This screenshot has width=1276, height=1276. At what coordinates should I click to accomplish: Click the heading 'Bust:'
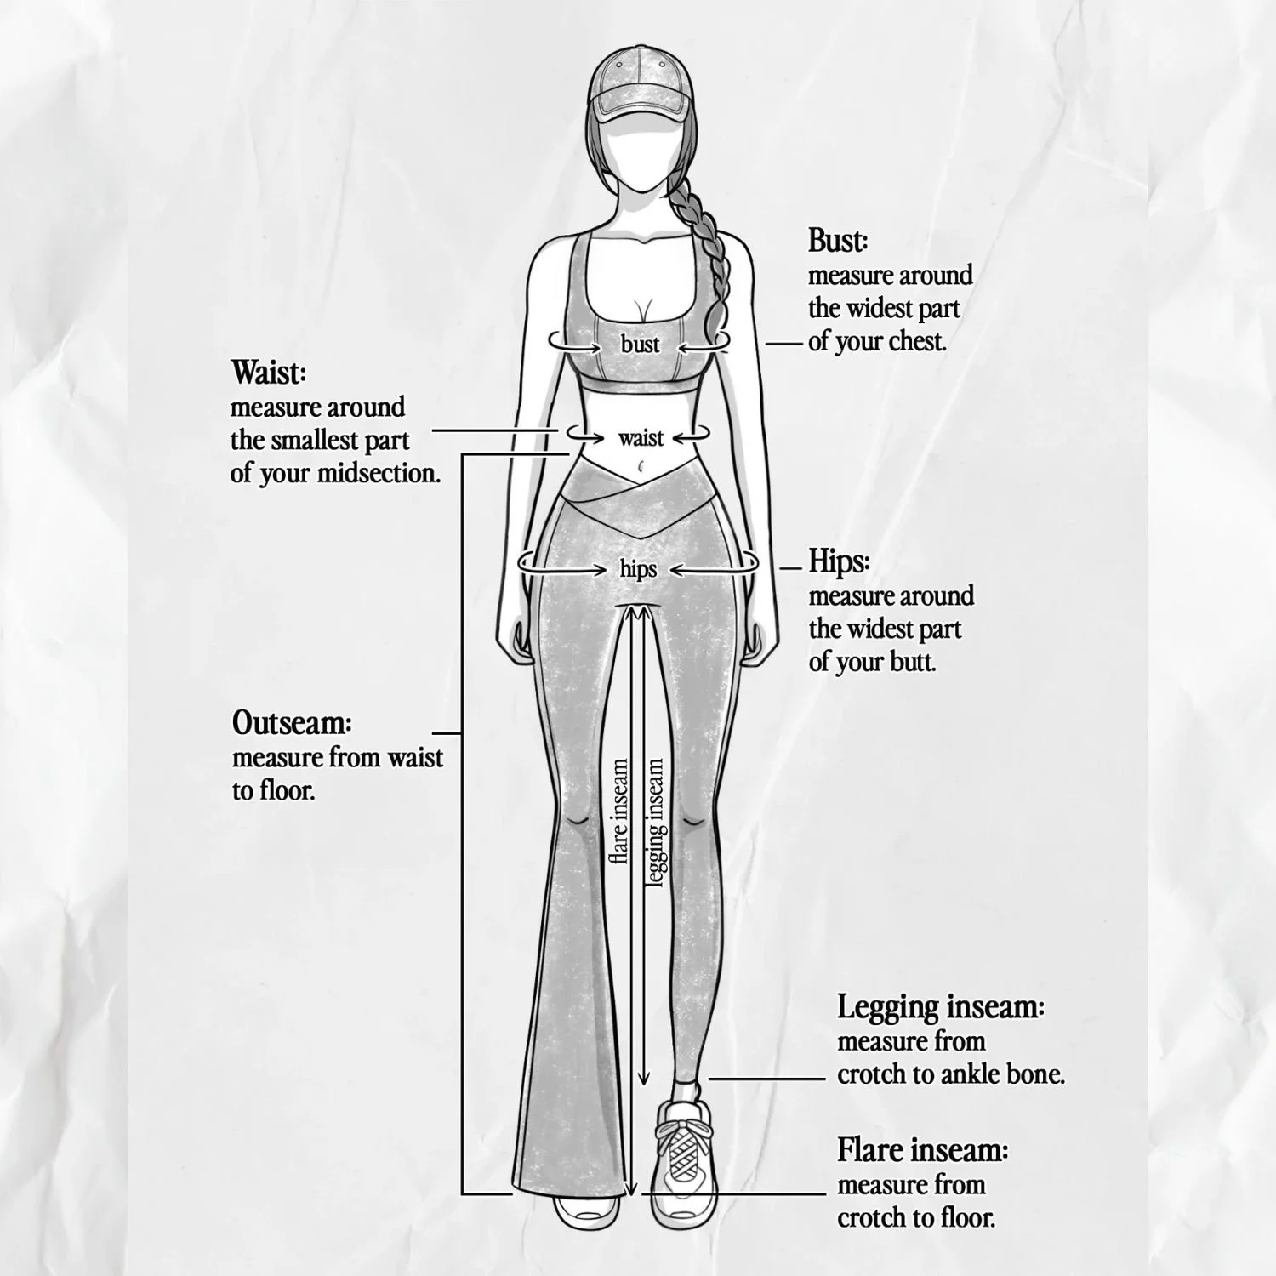pos(838,242)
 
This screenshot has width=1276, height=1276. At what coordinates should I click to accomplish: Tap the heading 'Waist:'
pos(268,373)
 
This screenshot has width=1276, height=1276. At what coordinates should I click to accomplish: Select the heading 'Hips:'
pos(839,562)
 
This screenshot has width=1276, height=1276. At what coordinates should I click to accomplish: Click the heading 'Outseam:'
pos(292,724)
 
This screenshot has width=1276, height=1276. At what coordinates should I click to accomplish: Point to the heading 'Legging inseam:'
pos(941,1007)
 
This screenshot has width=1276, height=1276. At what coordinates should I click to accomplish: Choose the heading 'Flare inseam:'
pos(923,1151)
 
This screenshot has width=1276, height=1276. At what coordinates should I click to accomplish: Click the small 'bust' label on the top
pos(640,344)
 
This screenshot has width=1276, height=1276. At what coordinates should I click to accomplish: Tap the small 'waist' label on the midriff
pos(641,438)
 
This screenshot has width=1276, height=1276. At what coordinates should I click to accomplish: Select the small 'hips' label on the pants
pos(638,568)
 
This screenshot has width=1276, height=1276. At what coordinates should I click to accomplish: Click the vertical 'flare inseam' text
pos(620,812)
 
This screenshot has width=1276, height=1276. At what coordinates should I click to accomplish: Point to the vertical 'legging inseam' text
pos(655,822)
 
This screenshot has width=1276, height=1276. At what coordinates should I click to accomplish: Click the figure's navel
pos(639,465)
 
